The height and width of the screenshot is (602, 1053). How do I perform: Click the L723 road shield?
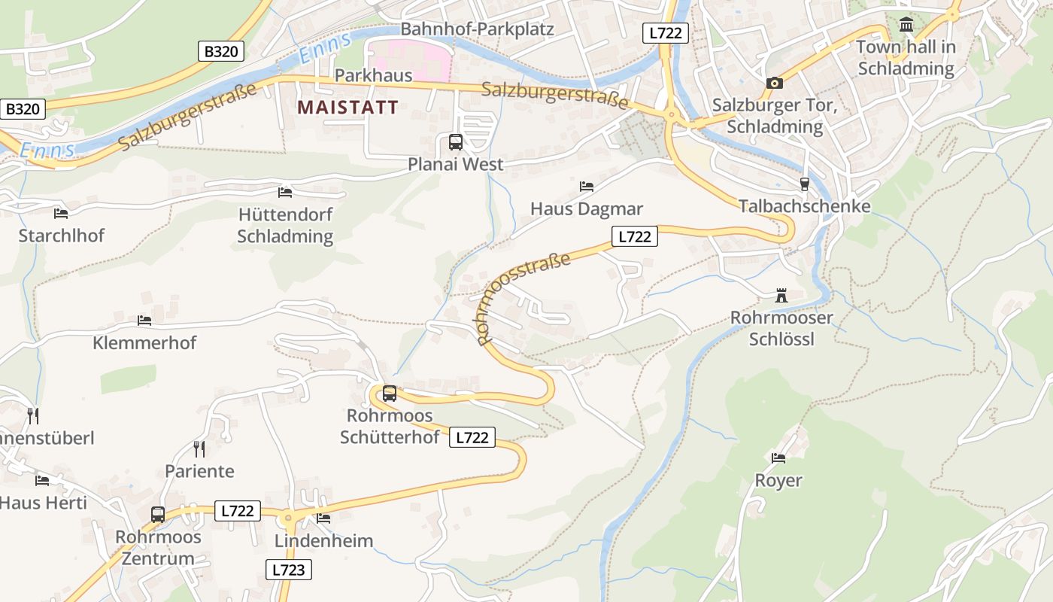[x=289, y=570]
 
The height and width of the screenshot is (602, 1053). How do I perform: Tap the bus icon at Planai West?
[x=455, y=141]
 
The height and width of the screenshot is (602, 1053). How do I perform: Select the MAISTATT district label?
[x=347, y=107]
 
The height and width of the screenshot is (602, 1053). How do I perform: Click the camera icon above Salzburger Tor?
[x=774, y=83]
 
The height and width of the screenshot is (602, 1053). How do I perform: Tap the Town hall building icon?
[x=906, y=26]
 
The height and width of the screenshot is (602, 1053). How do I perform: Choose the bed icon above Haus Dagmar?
[x=587, y=186]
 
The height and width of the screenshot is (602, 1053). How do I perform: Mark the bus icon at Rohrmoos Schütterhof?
[x=390, y=393]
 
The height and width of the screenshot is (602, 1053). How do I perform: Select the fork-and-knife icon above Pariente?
[x=199, y=449]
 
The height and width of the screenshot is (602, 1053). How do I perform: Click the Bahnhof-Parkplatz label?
[x=477, y=29]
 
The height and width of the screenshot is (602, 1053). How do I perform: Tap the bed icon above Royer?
[x=778, y=458]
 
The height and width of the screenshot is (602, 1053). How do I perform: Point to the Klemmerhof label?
[x=144, y=343]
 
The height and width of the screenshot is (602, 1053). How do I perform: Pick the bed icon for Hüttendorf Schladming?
[x=285, y=193]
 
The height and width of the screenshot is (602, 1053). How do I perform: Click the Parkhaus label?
[x=374, y=75]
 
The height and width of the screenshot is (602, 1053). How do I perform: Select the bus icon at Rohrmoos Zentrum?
[x=158, y=515]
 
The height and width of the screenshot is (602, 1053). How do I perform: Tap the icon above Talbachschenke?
[x=804, y=184]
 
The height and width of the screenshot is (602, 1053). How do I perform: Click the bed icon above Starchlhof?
[x=61, y=214]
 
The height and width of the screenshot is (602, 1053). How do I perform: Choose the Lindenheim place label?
[x=323, y=541]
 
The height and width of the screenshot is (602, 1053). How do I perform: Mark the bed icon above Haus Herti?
[x=42, y=480]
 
